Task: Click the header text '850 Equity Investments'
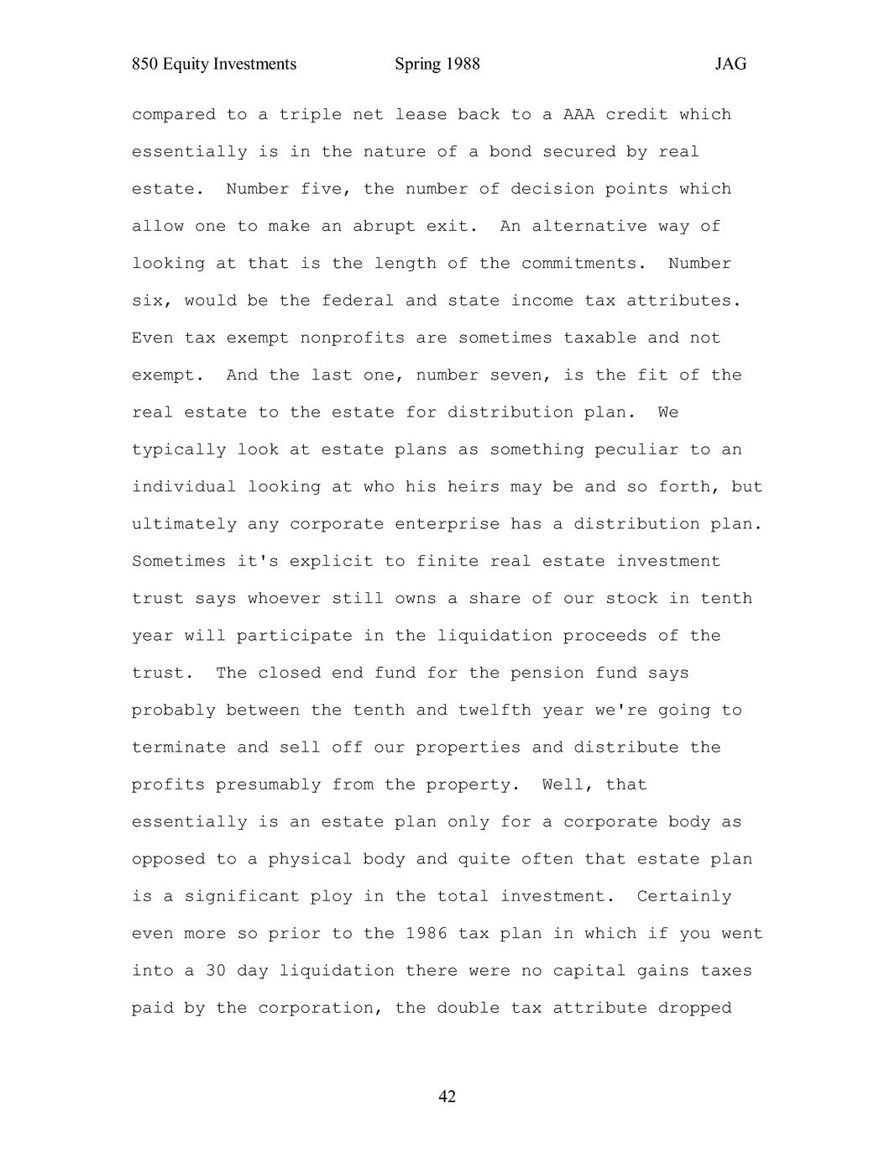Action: coord(214,65)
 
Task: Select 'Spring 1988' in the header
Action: coord(437,65)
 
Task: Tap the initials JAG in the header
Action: coord(730,65)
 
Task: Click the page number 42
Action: coord(447,1097)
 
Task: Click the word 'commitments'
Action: coord(584,264)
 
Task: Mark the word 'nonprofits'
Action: coord(352,338)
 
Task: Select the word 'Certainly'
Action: coord(683,897)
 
